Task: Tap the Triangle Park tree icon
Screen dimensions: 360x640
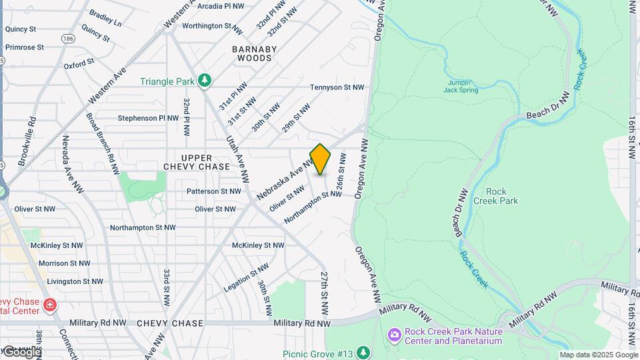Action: point(205,81)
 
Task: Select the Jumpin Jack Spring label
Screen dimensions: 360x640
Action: point(461,86)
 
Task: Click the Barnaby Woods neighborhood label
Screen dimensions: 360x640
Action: point(252,53)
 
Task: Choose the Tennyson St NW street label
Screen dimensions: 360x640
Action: point(337,87)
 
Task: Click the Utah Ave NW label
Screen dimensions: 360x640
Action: point(237,159)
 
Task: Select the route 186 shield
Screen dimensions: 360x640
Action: point(68,39)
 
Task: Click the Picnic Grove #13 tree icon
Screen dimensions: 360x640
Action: point(363,352)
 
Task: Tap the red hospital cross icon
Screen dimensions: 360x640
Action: point(49,305)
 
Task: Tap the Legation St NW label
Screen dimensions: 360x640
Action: point(247,277)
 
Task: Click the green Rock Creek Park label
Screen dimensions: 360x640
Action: point(495,196)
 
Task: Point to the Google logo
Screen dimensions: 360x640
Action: point(21,351)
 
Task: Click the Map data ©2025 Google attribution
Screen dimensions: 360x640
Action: point(599,355)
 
